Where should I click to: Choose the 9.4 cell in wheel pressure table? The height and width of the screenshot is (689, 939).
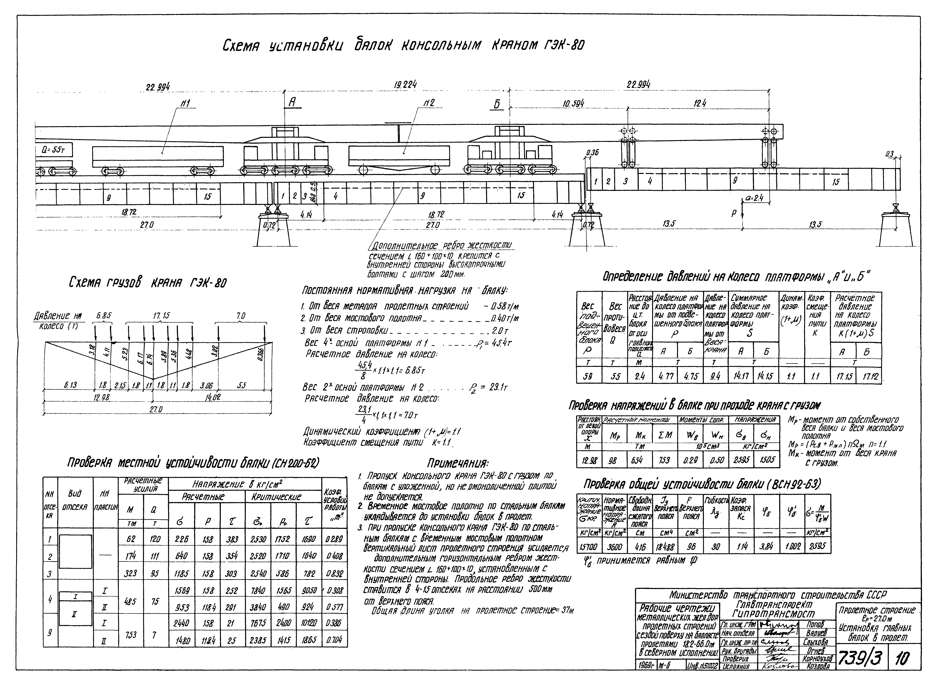pyautogui.click(x=715, y=377)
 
